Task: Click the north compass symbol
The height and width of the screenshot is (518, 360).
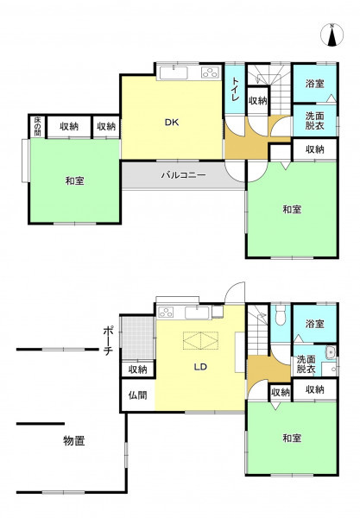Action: [332, 35]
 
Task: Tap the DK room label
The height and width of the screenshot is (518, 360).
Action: [172, 123]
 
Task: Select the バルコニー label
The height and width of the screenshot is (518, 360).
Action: [184, 174]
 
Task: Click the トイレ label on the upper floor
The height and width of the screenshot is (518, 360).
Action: [235, 89]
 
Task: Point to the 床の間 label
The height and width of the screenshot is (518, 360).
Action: [38, 126]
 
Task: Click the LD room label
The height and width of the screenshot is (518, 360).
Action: [200, 367]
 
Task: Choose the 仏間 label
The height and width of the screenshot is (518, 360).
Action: [138, 395]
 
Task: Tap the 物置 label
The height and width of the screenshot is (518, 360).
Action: [74, 440]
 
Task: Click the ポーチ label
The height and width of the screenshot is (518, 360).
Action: [108, 340]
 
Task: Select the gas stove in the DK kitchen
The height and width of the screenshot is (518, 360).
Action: [211, 73]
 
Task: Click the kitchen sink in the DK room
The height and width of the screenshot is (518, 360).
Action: [174, 73]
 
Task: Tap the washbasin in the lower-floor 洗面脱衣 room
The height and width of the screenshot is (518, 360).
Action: [330, 352]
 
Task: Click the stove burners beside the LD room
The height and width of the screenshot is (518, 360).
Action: [166, 313]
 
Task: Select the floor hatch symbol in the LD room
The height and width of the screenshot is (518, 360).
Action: [200, 340]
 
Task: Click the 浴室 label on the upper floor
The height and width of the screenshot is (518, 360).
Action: [314, 84]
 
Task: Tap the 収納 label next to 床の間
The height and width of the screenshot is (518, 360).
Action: [69, 126]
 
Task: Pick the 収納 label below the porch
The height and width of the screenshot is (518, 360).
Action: [138, 370]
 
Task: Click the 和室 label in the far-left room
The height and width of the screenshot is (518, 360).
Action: [74, 180]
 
